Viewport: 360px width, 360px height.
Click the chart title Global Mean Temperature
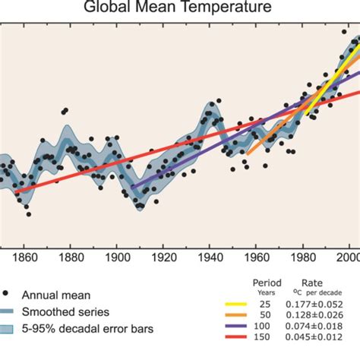[x=180, y=8]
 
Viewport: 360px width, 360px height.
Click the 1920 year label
[x=153, y=257]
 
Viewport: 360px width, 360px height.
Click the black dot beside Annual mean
[x=7, y=293]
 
